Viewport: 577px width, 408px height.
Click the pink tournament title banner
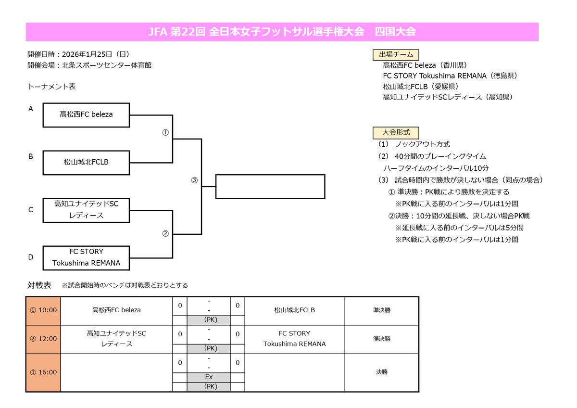click(282, 32)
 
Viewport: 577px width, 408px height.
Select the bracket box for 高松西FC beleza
click(86, 115)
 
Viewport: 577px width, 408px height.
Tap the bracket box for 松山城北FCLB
click(86, 162)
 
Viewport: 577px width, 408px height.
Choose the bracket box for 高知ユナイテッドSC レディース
click(86, 210)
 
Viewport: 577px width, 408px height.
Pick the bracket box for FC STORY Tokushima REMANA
click(86, 257)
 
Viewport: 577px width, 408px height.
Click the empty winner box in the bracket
click(270, 186)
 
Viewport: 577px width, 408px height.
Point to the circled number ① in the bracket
click(165, 133)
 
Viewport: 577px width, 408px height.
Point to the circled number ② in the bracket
click(165, 234)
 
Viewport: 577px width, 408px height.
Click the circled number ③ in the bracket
click(194, 180)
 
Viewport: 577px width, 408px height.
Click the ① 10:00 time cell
click(43, 310)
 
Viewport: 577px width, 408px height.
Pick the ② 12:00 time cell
click(43, 339)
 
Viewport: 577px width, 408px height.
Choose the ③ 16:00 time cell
click(43, 372)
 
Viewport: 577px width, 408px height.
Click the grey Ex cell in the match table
click(209, 377)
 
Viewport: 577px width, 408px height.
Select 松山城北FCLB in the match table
click(294, 310)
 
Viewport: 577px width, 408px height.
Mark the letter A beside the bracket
click(31, 109)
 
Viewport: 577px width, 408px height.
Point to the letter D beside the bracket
click(31, 257)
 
